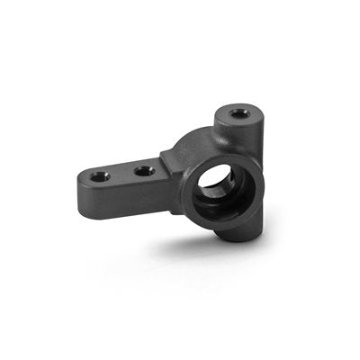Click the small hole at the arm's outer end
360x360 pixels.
click(100, 176)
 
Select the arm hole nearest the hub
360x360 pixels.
click(145, 169)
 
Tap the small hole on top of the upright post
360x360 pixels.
click(238, 113)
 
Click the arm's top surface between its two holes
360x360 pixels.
click(122, 173)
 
